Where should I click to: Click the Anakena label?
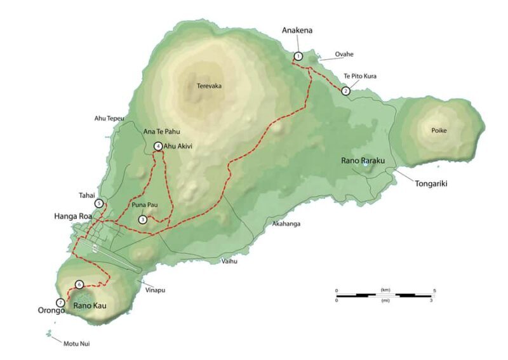(297, 30)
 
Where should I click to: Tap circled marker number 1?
(298, 57)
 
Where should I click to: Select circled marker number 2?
(345, 91)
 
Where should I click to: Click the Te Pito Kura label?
(360, 76)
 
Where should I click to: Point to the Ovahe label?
(344, 55)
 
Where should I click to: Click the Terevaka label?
(209, 86)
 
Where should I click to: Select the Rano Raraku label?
(361, 161)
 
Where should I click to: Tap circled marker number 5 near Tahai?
(99, 204)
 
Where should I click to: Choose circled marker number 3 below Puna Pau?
(142, 220)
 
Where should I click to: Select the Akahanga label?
(286, 224)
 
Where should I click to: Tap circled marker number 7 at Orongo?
(60, 303)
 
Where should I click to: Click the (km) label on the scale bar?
(385, 290)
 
